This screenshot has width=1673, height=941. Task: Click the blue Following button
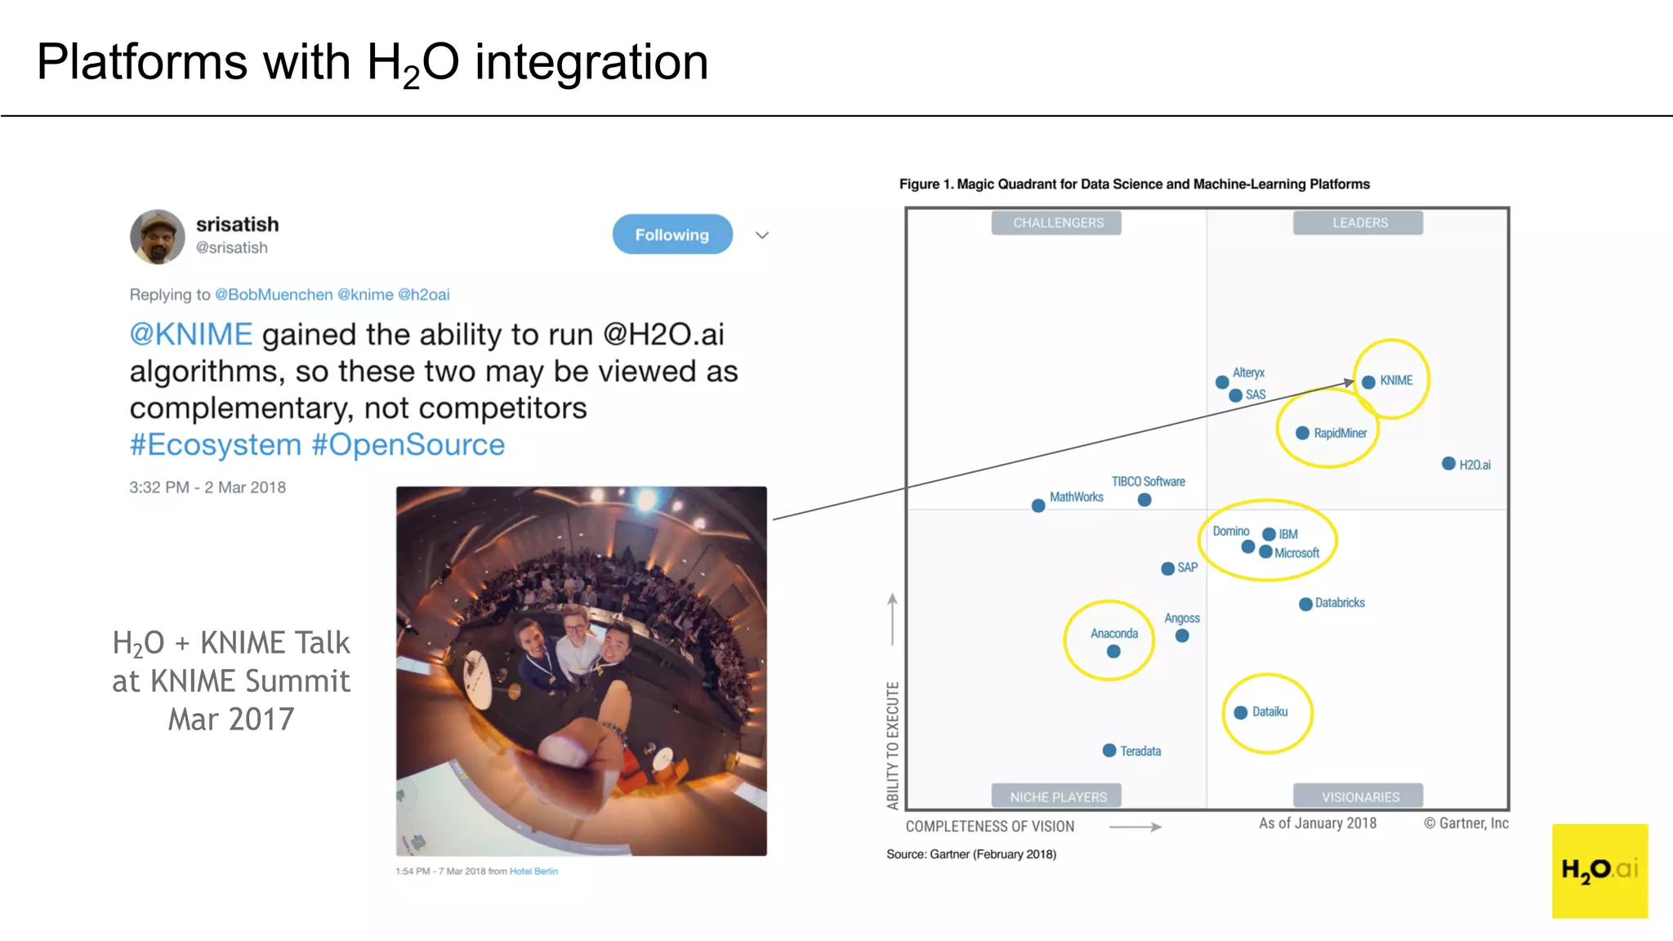tap(671, 234)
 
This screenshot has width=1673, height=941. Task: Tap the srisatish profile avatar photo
tap(157, 237)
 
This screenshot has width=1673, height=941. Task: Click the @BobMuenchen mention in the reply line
tap(274, 295)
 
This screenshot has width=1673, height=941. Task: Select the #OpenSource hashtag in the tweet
tap(408, 445)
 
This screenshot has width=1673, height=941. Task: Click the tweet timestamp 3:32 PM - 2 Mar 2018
tap(207, 488)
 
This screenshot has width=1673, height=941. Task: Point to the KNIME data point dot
tap(1368, 381)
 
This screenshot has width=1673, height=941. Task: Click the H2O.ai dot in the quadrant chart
tap(1448, 464)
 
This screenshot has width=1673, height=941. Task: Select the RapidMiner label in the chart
tap(1340, 433)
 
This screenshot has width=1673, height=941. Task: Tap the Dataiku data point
tap(1240, 712)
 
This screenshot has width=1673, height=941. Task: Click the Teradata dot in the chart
tap(1109, 750)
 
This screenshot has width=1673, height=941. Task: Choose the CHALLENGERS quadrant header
tap(1057, 223)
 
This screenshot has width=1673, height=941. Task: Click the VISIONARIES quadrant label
tap(1359, 796)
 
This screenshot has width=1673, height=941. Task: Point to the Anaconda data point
tap(1113, 651)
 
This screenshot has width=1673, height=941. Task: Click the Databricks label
tap(1340, 603)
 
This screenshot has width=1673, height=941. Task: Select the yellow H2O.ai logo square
tap(1599, 870)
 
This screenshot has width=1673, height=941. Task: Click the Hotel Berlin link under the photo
tap(533, 872)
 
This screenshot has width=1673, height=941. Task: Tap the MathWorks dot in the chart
tap(1038, 506)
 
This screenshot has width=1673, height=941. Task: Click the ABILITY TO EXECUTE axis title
tap(893, 745)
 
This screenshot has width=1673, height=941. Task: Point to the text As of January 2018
tap(1317, 823)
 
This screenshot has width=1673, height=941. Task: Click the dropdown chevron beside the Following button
tap(762, 235)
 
